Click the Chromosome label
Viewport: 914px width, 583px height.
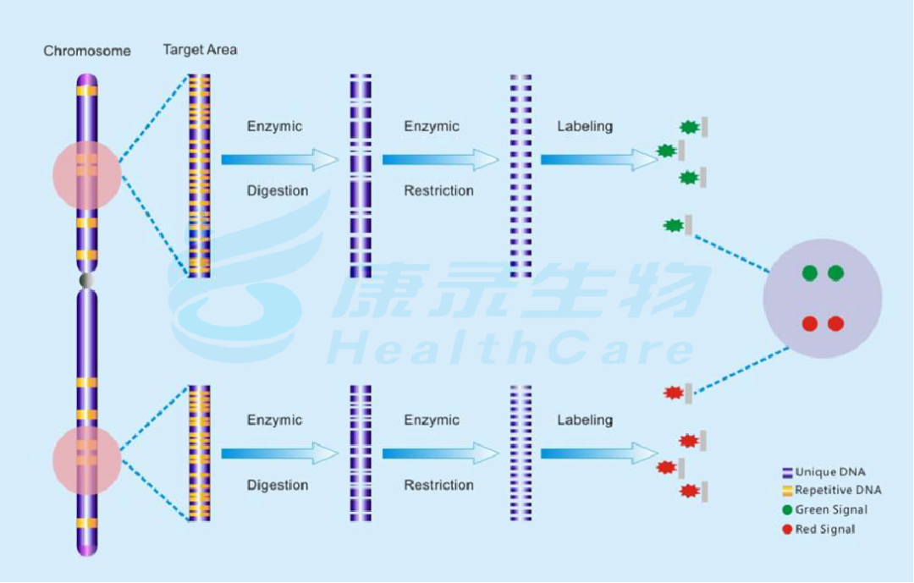(x=87, y=51)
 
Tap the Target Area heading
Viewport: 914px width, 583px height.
(x=200, y=50)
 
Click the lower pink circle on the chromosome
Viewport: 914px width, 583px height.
(x=87, y=460)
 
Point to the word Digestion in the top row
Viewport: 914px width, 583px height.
(x=277, y=191)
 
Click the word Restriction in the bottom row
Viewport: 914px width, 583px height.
(x=438, y=485)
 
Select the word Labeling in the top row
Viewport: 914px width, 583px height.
(x=584, y=127)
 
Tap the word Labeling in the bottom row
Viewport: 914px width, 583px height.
(x=584, y=421)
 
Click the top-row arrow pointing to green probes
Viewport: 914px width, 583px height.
(x=598, y=160)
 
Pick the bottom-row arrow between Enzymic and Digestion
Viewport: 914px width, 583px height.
(x=279, y=454)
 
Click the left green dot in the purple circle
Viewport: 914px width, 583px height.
(x=810, y=272)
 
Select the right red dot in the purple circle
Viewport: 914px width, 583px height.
(x=835, y=323)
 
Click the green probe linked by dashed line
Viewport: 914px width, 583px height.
(x=675, y=225)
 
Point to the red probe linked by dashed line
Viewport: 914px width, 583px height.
(x=674, y=393)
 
